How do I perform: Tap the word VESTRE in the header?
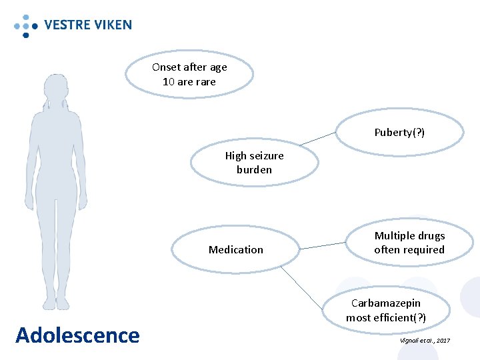66,25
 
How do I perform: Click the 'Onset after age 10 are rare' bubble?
189,75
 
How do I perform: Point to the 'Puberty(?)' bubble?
399,132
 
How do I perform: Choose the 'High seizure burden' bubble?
254,163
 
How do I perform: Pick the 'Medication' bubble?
236,249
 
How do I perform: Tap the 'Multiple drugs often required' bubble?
409,243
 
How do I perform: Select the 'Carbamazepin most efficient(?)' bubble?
386,310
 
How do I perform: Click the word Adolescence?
77,335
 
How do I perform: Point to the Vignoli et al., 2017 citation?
425,341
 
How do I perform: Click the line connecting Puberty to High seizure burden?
318,138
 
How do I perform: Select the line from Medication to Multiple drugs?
323,246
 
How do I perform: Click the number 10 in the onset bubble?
169,81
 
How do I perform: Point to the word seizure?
266,155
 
